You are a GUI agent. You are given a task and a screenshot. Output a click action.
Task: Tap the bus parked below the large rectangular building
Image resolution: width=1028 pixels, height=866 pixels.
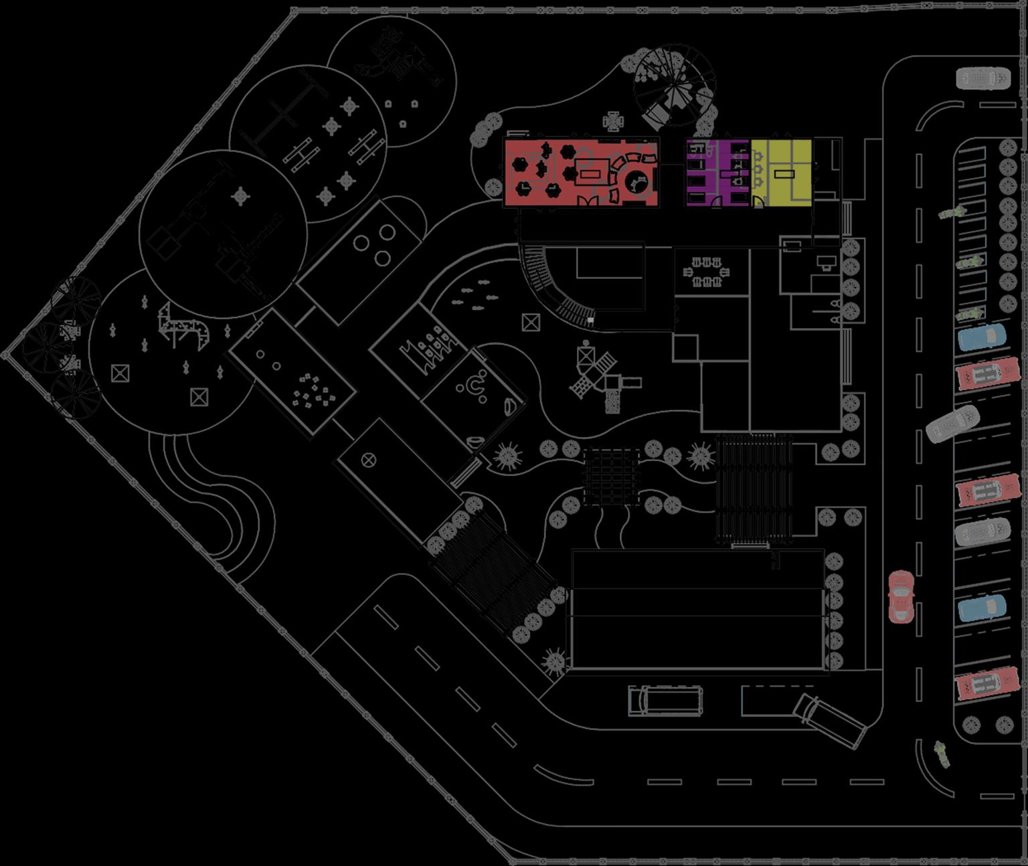point(665,700)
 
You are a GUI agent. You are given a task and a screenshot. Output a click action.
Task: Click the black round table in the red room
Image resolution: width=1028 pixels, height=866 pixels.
point(637,179)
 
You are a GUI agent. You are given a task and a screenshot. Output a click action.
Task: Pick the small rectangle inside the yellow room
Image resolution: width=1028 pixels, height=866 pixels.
point(784,174)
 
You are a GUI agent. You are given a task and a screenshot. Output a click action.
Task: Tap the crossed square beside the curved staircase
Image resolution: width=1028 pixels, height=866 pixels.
point(531,323)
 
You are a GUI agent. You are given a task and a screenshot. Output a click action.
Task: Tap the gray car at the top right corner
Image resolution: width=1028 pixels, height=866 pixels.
point(982,78)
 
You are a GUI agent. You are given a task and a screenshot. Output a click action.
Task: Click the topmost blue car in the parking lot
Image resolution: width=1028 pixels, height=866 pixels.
point(981,337)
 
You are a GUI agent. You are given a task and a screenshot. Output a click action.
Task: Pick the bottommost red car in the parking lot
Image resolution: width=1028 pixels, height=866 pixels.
point(982,685)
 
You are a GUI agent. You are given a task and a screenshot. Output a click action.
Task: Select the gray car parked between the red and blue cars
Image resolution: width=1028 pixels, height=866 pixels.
point(982,533)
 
